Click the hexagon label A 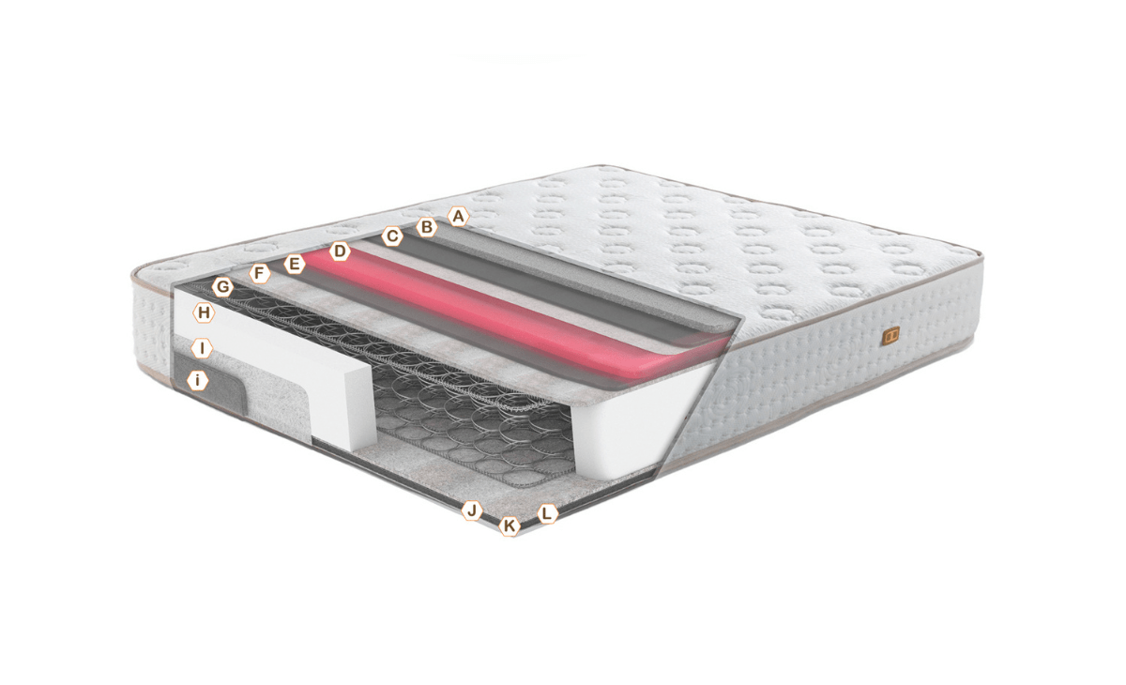tap(458, 217)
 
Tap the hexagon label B tap(426, 227)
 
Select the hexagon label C tap(392, 236)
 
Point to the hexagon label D tap(340, 251)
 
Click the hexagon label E tap(294, 264)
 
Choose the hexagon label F tap(259, 274)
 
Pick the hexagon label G tap(222, 287)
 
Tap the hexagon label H tap(204, 312)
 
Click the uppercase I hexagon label tap(202, 348)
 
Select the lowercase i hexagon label tap(198, 380)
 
